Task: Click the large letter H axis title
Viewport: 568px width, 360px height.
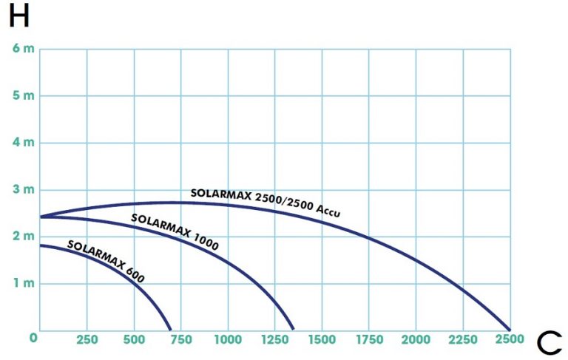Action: click(x=18, y=16)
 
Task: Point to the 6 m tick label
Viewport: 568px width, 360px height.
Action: click(x=23, y=49)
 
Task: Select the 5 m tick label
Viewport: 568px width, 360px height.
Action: click(x=23, y=96)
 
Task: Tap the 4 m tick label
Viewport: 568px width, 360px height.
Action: click(x=23, y=143)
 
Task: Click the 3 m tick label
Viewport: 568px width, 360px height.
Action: click(x=23, y=190)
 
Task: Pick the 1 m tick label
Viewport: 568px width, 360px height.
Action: click(x=23, y=284)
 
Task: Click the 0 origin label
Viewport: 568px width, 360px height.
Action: click(x=33, y=339)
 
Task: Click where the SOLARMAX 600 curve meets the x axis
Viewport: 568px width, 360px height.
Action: click(x=170, y=330)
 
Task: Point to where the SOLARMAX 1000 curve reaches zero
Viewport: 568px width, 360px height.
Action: click(x=294, y=330)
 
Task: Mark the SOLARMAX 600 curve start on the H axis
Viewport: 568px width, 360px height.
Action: click(x=41, y=245)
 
